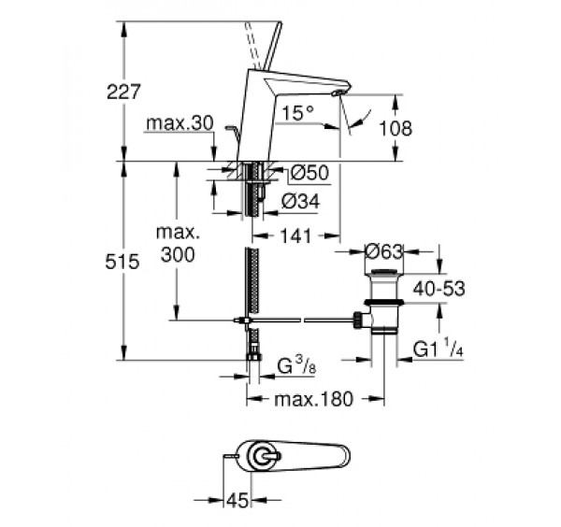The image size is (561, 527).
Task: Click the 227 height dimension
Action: point(124,92)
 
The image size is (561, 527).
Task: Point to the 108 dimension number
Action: point(399,128)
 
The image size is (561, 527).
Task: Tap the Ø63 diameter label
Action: point(383,250)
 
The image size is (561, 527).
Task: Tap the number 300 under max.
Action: point(178,255)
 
